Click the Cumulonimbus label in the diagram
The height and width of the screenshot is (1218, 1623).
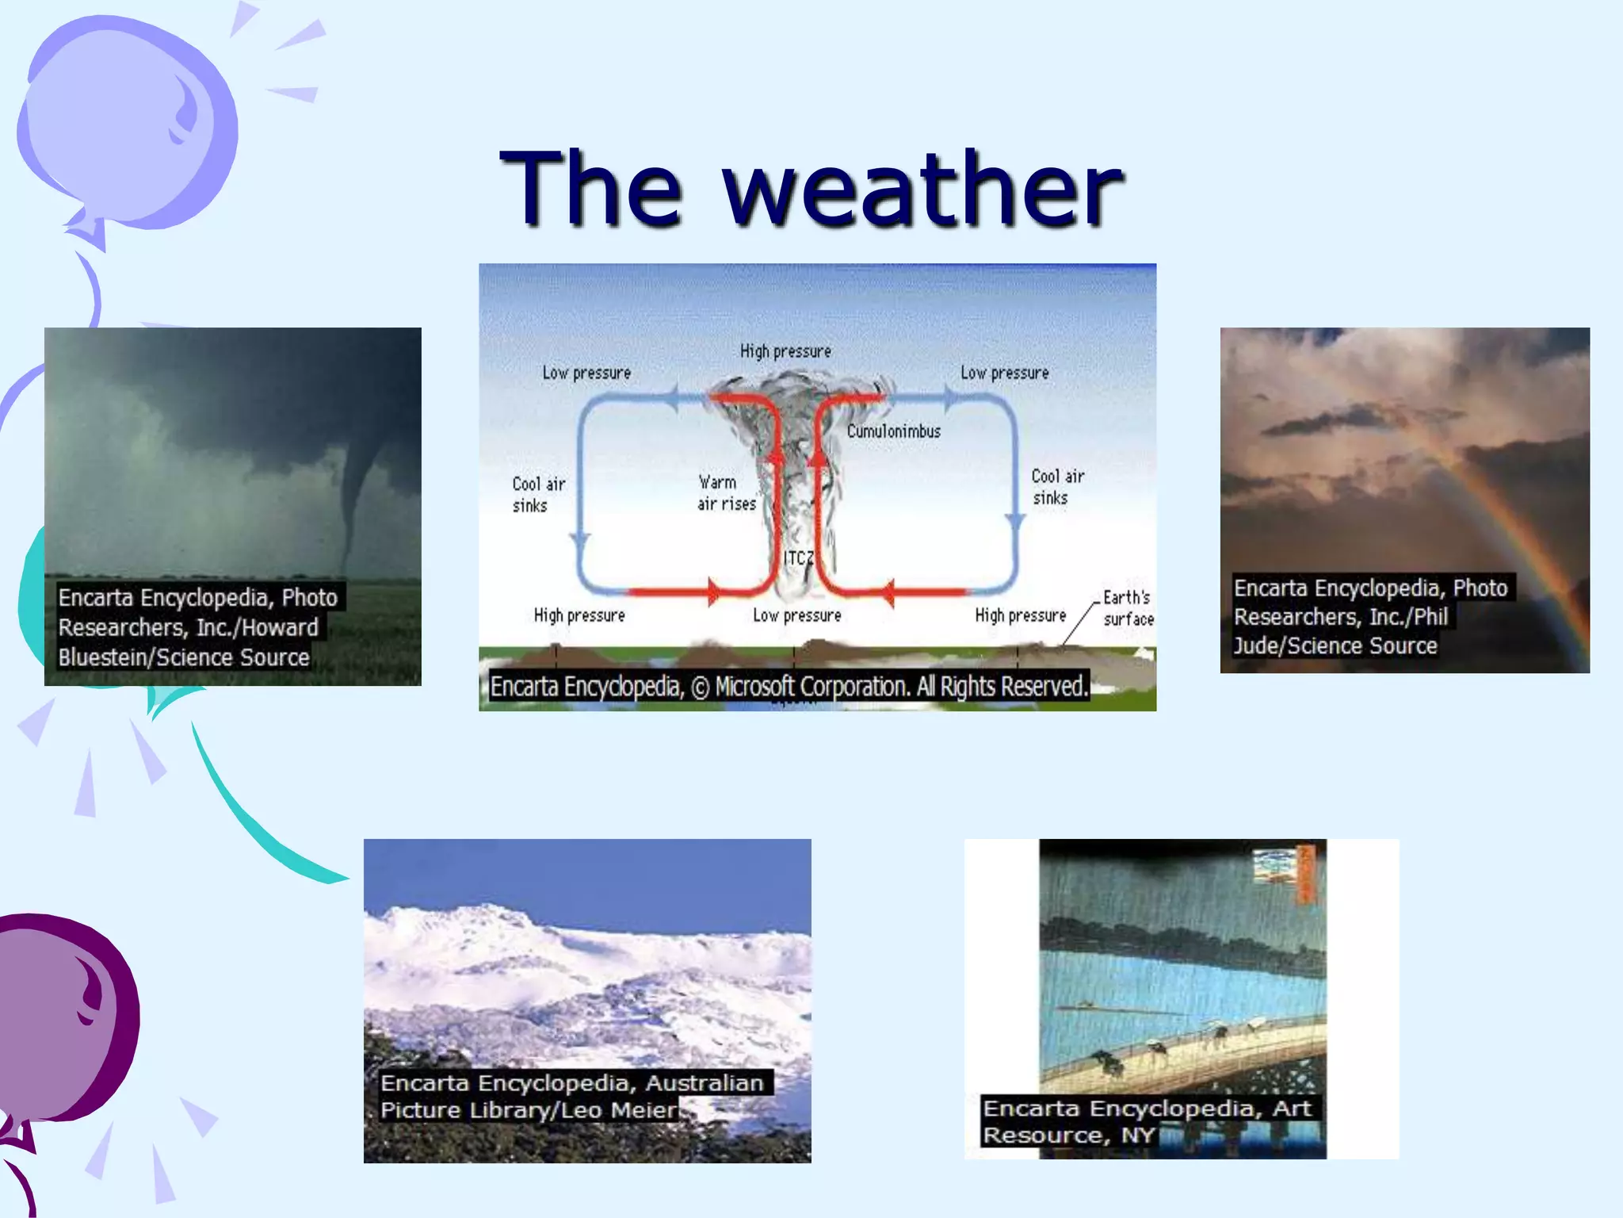click(x=894, y=431)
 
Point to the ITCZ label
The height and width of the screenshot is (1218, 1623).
click(x=799, y=558)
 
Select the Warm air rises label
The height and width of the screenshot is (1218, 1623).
click(x=727, y=493)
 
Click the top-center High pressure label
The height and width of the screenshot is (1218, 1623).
click(x=785, y=351)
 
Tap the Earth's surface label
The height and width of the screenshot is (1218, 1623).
click(x=1128, y=608)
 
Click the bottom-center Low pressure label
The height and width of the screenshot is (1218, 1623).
click(x=797, y=615)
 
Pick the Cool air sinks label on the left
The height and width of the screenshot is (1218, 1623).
click(x=538, y=495)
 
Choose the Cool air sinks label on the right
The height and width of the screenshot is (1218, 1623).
click(x=1057, y=487)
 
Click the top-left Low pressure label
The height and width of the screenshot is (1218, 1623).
click(x=586, y=373)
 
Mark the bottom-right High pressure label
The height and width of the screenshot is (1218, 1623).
click(x=1021, y=615)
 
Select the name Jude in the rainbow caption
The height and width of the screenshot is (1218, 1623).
click(x=1256, y=646)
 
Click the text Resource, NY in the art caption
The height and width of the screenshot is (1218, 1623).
click(x=1069, y=1136)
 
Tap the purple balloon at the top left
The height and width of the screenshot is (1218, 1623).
click(x=127, y=127)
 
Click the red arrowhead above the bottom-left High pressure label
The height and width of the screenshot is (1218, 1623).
click(x=714, y=592)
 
